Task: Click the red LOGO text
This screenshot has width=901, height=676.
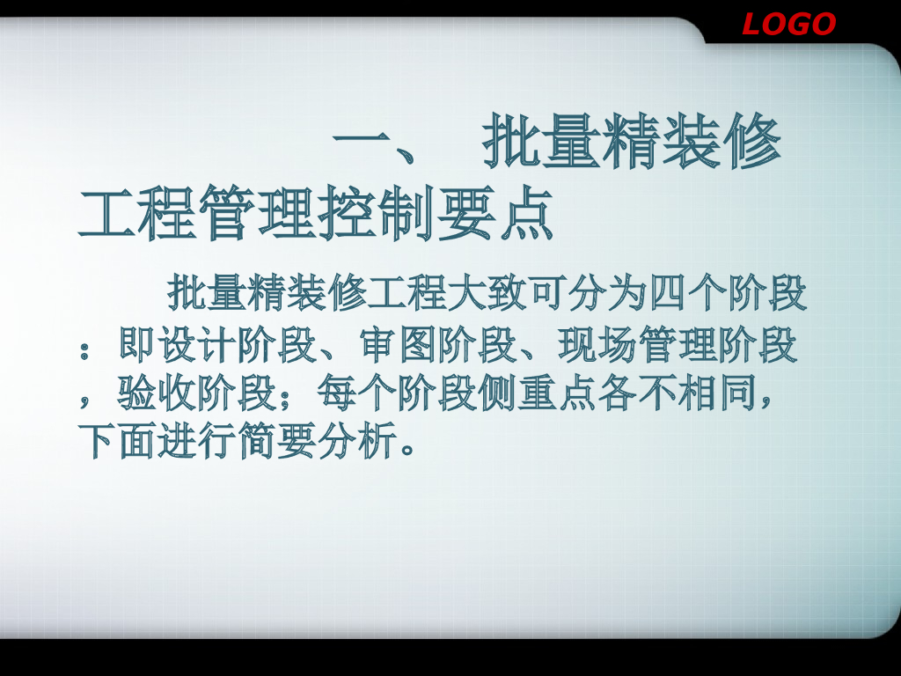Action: click(x=788, y=24)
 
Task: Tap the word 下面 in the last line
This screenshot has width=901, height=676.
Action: click(x=118, y=441)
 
